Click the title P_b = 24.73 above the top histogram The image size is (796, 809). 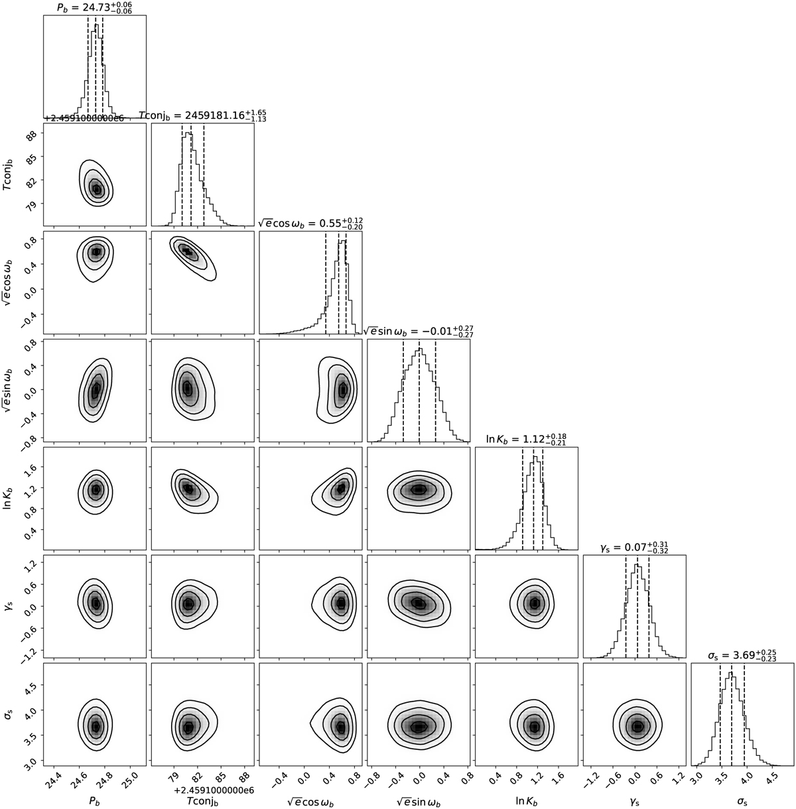point(94,7)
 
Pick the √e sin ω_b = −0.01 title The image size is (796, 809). point(419,330)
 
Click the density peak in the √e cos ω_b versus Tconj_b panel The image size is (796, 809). point(187,252)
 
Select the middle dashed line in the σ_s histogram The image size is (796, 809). point(732,714)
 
